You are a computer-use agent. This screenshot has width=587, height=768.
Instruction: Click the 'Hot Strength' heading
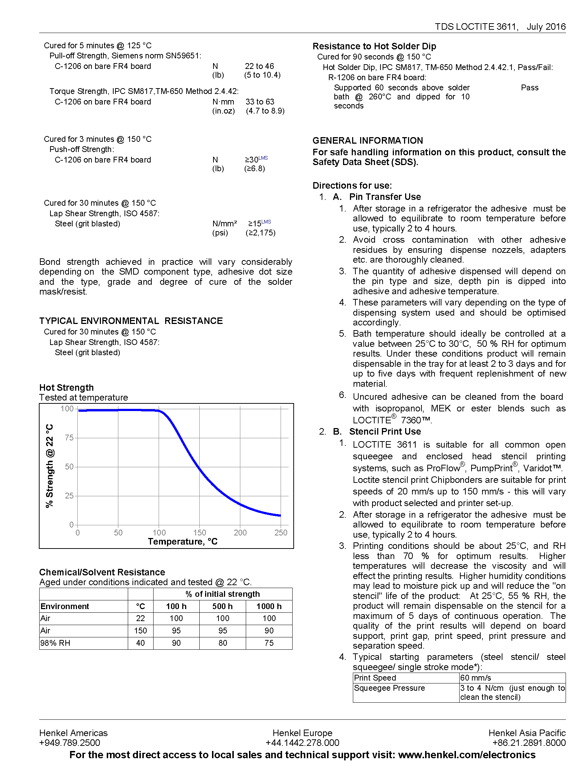pyautogui.click(x=66, y=387)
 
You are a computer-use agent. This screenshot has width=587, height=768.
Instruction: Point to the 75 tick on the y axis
pyautogui.click(x=69, y=438)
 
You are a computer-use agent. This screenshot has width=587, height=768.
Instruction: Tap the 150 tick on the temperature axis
pyautogui.click(x=200, y=533)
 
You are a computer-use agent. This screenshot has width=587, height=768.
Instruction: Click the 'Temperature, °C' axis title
pyautogui.click(x=183, y=542)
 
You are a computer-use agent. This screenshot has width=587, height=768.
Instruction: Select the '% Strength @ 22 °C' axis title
pyautogui.click(x=50, y=466)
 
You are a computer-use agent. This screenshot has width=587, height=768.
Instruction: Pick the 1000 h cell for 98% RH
pyautogui.click(x=269, y=643)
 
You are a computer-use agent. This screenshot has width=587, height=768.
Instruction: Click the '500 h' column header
pyautogui.click(x=223, y=606)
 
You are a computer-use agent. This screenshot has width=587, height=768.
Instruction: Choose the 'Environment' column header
pyautogui.click(x=65, y=606)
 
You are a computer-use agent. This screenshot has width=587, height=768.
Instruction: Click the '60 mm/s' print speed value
pyautogui.click(x=476, y=678)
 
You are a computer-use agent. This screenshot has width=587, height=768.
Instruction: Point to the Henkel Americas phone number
pyautogui.click(x=70, y=743)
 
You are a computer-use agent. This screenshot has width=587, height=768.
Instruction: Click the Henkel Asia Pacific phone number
pyautogui.click(x=529, y=743)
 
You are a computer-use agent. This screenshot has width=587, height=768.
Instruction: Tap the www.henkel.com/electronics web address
pyautogui.click(x=467, y=755)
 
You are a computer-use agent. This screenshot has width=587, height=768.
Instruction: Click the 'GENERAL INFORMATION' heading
pyautogui.click(x=368, y=141)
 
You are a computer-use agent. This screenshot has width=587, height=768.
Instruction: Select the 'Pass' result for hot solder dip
pyautogui.click(x=530, y=88)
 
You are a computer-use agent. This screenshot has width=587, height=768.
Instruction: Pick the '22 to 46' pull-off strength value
pyautogui.click(x=260, y=66)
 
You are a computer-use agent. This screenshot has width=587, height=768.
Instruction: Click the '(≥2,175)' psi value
pyautogui.click(x=261, y=233)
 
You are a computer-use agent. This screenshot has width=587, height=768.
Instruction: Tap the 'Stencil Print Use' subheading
pyautogui.click(x=385, y=432)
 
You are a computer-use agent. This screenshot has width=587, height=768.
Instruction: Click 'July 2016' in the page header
pyautogui.click(x=546, y=26)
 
